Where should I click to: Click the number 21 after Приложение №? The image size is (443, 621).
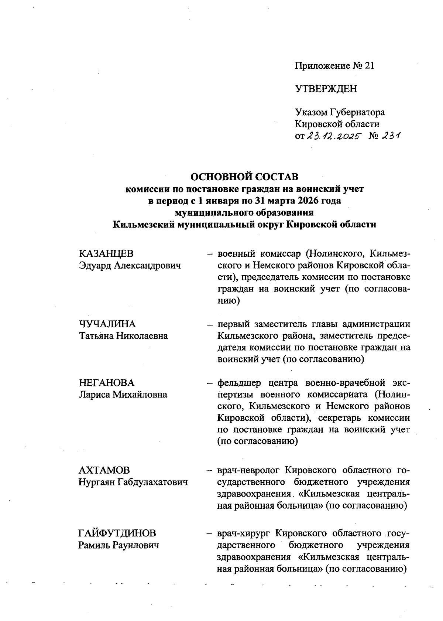(x=369, y=66)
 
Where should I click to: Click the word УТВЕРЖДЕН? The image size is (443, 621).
(x=326, y=89)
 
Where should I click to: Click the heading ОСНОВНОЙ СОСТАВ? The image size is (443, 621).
(x=244, y=177)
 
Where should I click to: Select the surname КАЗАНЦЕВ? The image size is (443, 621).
(x=106, y=253)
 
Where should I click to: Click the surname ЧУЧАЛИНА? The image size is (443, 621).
(x=107, y=324)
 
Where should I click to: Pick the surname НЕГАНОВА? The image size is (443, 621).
(x=107, y=382)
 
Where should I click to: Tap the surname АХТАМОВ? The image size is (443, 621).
(x=104, y=470)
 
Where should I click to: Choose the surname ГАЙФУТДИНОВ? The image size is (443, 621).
(x=117, y=533)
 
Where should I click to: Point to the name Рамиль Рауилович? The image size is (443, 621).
(x=119, y=545)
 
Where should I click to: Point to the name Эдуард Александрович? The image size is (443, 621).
(x=130, y=265)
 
